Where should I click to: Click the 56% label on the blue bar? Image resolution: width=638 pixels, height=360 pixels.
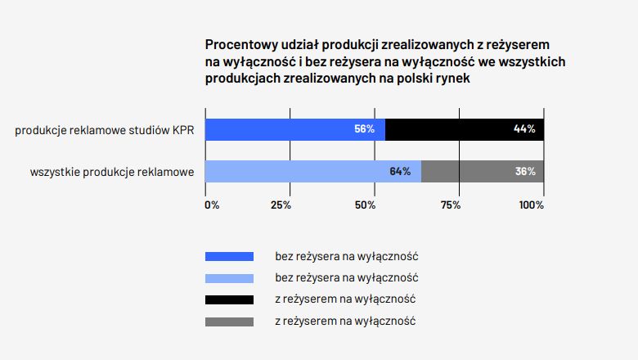364,129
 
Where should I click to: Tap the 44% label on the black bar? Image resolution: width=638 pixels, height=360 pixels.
524,129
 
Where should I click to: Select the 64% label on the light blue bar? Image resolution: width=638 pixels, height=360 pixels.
400,172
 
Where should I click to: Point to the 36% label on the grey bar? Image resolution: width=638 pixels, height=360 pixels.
525,172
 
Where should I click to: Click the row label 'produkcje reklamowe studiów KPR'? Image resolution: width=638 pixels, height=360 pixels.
105,130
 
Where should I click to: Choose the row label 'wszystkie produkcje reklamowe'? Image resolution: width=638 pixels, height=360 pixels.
112,173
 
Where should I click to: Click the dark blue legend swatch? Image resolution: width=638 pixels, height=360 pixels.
229,257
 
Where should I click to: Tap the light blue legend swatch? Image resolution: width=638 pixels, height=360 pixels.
229,278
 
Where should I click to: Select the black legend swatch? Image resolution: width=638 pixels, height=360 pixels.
229,299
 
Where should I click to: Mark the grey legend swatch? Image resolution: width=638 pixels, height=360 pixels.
229,321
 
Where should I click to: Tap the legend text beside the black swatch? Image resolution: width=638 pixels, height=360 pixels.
346,299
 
